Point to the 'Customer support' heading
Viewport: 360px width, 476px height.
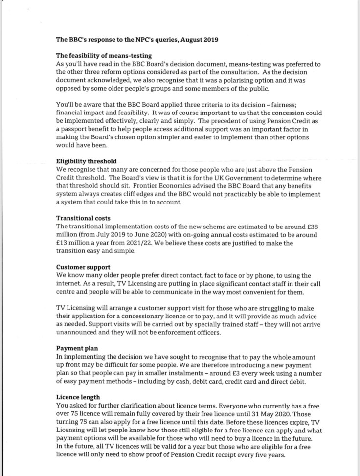tap(83, 268)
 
